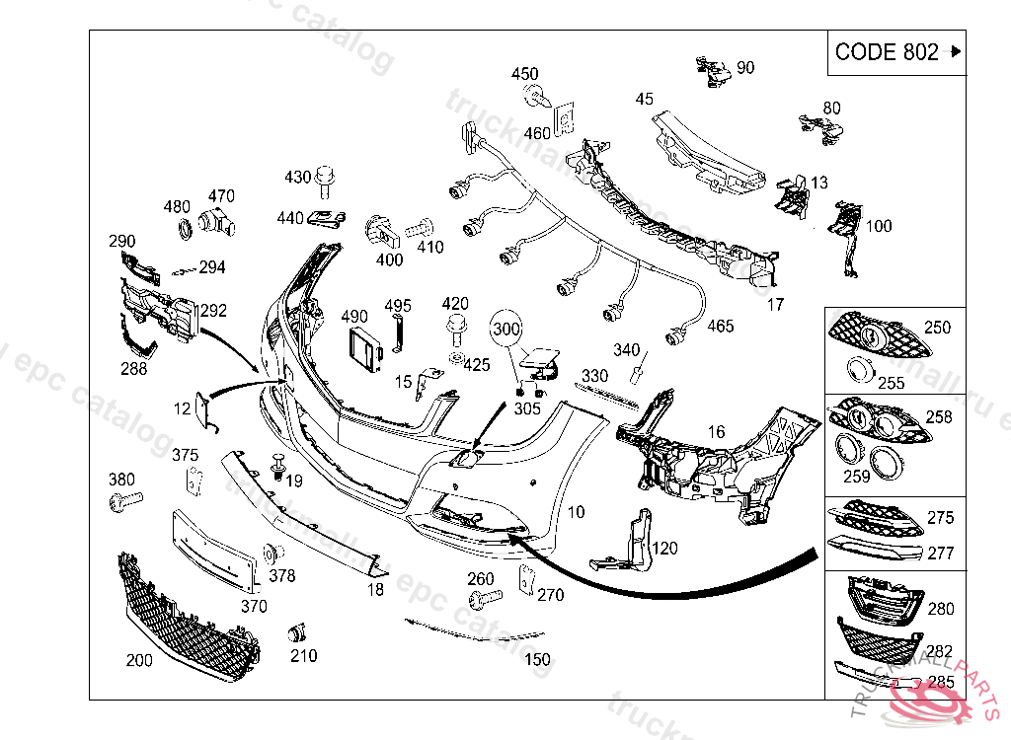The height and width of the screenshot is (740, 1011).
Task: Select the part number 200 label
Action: coord(139,660)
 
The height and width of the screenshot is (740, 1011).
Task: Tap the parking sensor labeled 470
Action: coord(214,225)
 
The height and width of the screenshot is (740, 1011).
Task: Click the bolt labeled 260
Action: coord(486,598)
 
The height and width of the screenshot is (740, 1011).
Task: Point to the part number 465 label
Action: coord(721,326)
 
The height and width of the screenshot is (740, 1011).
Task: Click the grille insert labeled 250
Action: coord(877,336)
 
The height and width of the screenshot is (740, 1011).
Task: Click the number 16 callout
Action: coord(717,430)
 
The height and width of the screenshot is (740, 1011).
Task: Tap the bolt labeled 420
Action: coord(456,327)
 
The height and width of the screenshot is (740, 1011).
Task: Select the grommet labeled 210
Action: coord(297,632)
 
